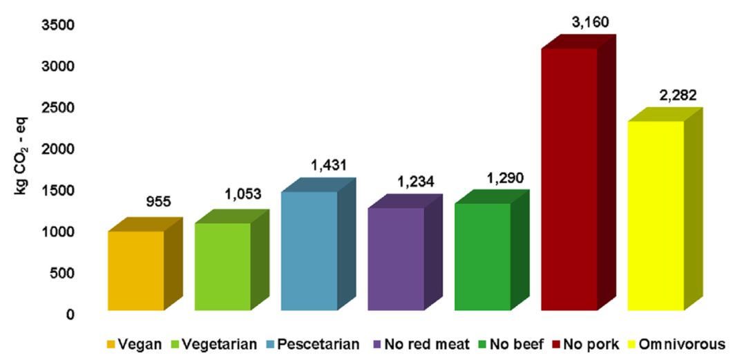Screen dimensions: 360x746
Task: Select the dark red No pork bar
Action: [x=569, y=179]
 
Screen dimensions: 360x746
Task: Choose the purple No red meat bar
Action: [x=396, y=258]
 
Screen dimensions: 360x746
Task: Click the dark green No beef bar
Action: [x=482, y=256]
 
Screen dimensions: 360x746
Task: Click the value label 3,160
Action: [x=589, y=23]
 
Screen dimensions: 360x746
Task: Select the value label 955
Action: [x=158, y=202]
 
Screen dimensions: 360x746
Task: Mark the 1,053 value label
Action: [x=242, y=195]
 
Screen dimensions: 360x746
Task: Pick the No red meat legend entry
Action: [x=423, y=343]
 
